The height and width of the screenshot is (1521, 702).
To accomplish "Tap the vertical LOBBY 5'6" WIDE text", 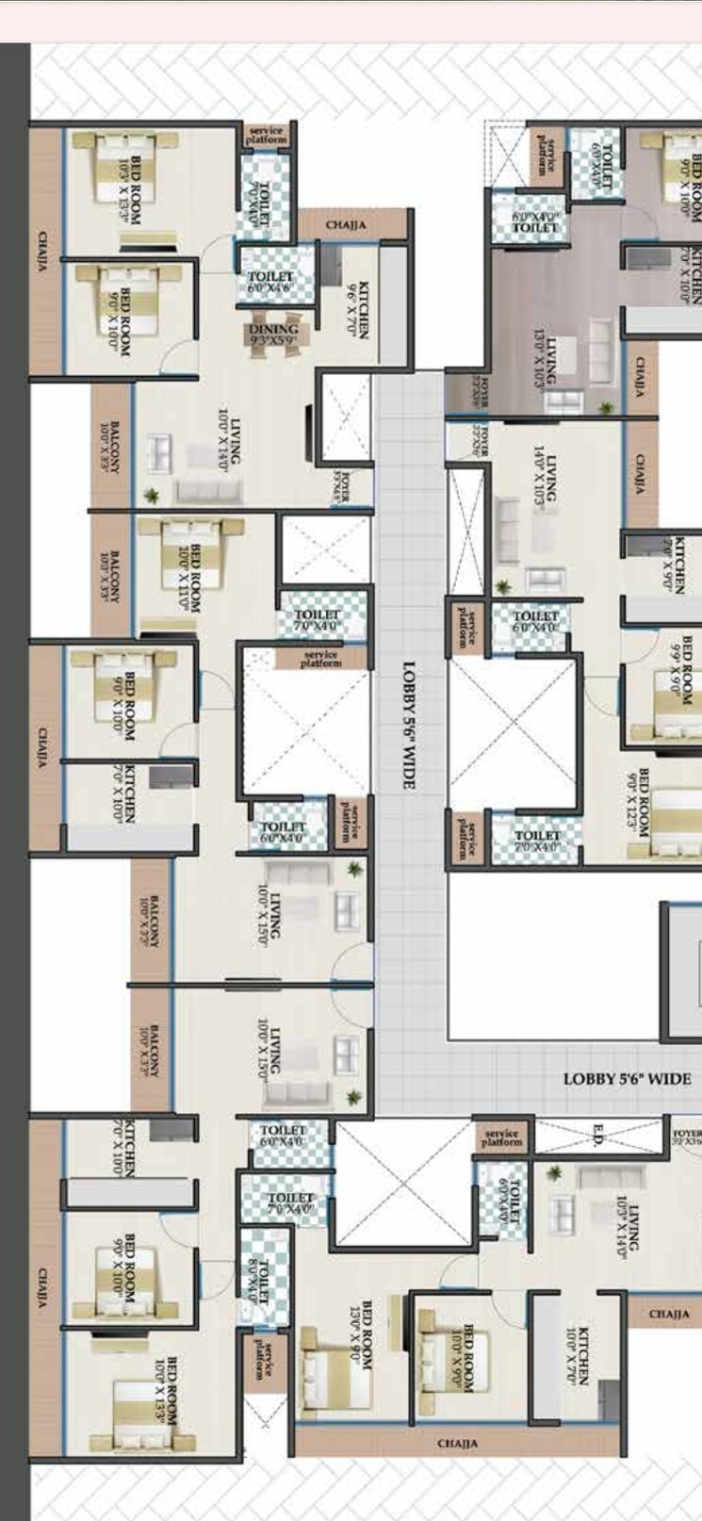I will [x=409, y=726].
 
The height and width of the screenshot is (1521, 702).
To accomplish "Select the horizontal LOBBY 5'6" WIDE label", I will [x=627, y=1079].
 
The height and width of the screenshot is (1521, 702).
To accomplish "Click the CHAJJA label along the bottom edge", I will [x=457, y=1443].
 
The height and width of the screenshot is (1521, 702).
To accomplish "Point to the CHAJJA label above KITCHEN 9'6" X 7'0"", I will [x=346, y=225].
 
